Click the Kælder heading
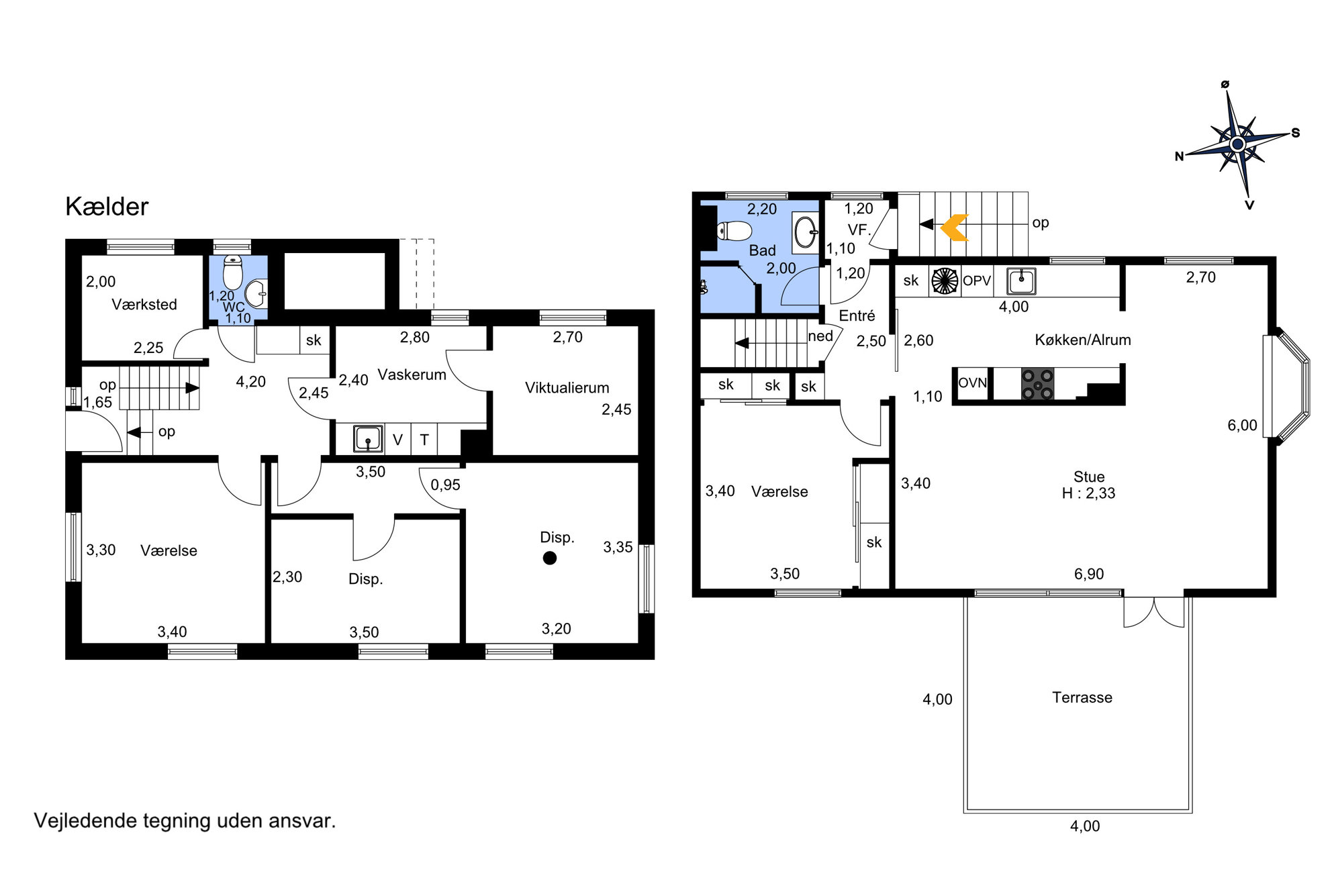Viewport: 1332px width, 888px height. (107, 207)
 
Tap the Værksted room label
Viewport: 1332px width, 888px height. (144, 305)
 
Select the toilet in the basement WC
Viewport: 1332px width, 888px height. (232, 272)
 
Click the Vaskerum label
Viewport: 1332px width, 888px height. (412, 375)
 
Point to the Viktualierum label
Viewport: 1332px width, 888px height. (567, 388)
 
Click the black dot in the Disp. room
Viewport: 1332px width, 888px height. (550, 558)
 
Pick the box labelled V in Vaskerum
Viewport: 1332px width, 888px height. (397, 440)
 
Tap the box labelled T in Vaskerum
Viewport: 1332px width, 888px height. (424, 440)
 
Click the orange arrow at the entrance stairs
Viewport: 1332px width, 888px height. (955, 228)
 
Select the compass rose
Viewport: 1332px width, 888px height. (1238, 144)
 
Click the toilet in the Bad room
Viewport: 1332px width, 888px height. (734, 231)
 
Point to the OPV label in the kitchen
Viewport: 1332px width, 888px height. (977, 281)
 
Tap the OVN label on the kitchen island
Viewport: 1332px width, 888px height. (972, 383)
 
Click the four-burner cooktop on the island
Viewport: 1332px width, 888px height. (1037, 384)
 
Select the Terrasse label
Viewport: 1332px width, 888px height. (1082, 697)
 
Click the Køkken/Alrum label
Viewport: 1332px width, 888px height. (1083, 340)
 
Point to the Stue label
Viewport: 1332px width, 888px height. (1089, 477)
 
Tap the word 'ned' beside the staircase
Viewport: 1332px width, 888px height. (820, 336)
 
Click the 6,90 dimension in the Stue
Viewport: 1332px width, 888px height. (1089, 574)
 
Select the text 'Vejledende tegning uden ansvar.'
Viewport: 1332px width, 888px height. (185, 821)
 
